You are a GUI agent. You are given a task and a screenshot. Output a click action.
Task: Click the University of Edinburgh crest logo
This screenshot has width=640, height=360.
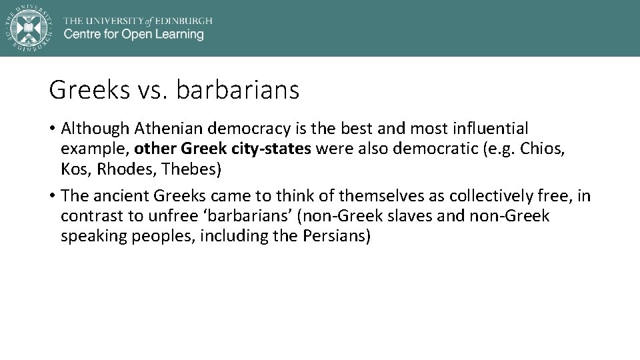pos(28,27)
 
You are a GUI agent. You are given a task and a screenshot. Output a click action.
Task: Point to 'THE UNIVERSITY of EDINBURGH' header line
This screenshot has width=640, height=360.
pos(138,20)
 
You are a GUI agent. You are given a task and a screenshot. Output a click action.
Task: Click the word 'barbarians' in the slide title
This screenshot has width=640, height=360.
pos(238,89)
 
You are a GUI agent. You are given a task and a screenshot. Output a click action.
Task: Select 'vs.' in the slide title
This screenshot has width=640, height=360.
pos(153,89)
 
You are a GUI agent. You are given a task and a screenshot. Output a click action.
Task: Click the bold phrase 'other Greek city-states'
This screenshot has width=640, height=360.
pos(223,149)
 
